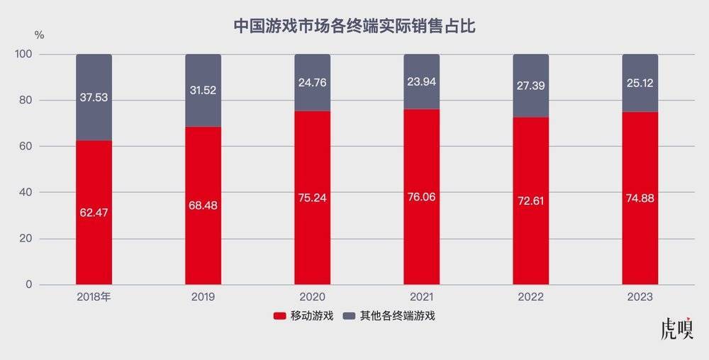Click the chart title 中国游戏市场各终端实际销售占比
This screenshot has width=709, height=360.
[x=354, y=27]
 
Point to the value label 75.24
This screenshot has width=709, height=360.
[x=312, y=199]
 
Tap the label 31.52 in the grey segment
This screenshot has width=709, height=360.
[x=203, y=89]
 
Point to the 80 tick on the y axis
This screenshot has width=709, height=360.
[x=26, y=100]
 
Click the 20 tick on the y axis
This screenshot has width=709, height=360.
[x=26, y=238]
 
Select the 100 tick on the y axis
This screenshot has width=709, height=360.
[x=23, y=54]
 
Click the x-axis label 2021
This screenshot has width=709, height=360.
[x=422, y=297]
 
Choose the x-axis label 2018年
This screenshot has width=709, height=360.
[x=94, y=297]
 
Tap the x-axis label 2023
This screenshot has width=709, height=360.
[x=640, y=297]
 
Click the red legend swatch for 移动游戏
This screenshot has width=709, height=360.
[x=279, y=316]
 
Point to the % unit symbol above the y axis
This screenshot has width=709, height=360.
[x=40, y=35]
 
